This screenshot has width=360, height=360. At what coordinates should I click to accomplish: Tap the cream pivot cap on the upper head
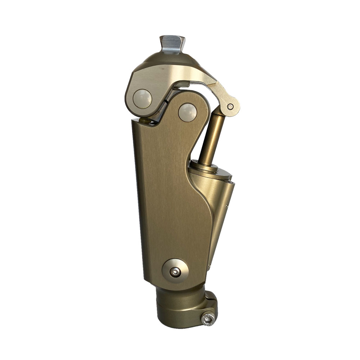tap(142, 98)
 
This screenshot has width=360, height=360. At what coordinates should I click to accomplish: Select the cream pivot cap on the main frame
tap(188, 112)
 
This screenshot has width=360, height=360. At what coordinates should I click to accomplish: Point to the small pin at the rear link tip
tap(230, 107)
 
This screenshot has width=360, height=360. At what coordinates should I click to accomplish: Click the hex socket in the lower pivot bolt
tap(175, 272)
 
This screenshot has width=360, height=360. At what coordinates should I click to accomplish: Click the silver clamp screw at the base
tap(208, 319)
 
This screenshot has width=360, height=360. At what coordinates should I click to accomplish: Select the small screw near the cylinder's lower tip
tap(209, 266)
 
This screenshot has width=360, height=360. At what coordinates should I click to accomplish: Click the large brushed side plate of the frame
tap(169, 202)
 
